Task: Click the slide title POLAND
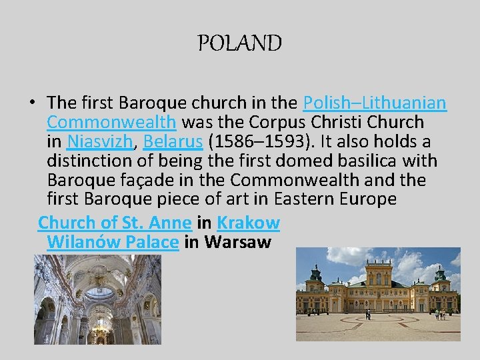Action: tap(240, 44)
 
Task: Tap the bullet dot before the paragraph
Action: tap(31, 103)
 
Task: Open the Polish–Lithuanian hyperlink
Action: tap(374, 103)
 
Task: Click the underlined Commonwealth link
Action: tap(112, 122)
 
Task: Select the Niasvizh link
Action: tap(100, 141)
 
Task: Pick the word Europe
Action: tap(370, 199)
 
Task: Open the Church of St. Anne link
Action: tap(115, 222)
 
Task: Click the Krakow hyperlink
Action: tap(248, 222)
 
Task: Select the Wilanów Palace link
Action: tap(113, 241)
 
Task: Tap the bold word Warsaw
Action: tap(238, 241)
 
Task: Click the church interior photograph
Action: tap(97, 299)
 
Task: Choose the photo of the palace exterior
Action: tap(378, 294)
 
